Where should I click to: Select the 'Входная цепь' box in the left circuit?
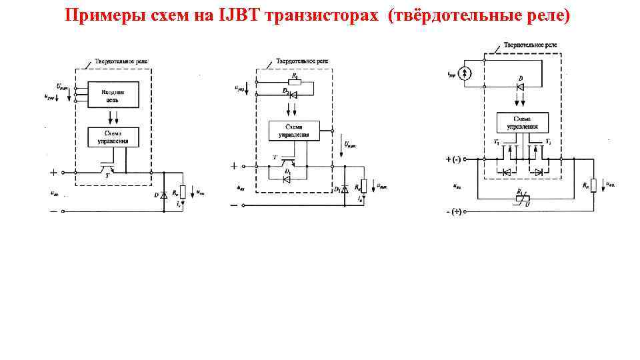[113, 95]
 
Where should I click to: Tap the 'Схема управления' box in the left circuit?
[113, 137]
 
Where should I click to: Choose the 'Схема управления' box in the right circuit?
[523, 123]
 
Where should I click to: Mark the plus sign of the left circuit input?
[53, 172]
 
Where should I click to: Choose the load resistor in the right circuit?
[593, 184]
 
